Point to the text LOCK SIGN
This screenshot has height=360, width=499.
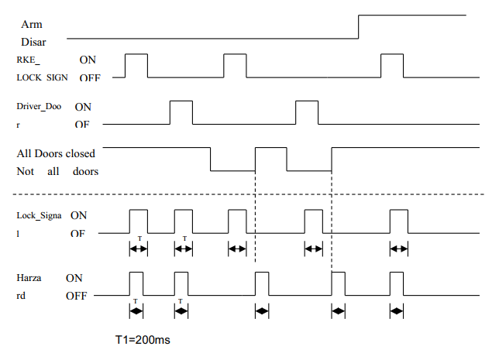(x=43, y=78)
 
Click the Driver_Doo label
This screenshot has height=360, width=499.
(x=39, y=105)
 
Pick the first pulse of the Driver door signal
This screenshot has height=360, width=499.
(x=181, y=112)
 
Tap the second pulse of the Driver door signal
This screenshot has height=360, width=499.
(x=307, y=112)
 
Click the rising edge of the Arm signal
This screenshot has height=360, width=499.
(x=359, y=26)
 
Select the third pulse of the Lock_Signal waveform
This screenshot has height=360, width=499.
(x=237, y=221)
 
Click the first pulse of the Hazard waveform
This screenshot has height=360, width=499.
(x=136, y=283)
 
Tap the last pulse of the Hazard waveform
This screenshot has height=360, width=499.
(x=397, y=283)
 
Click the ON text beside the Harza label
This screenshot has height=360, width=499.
(x=74, y=277)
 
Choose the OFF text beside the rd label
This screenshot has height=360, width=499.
(x=76, y=296)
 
